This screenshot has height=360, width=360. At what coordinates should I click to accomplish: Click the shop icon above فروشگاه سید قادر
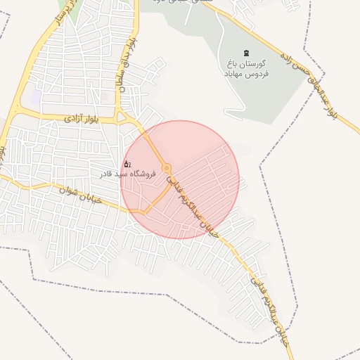pos(127,164)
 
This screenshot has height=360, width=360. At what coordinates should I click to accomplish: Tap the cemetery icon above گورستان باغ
pos(245,53)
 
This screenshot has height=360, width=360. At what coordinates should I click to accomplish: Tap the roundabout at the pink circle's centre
pos(167,167)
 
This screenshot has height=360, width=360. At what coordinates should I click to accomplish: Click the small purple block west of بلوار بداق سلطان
pos(34,96)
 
